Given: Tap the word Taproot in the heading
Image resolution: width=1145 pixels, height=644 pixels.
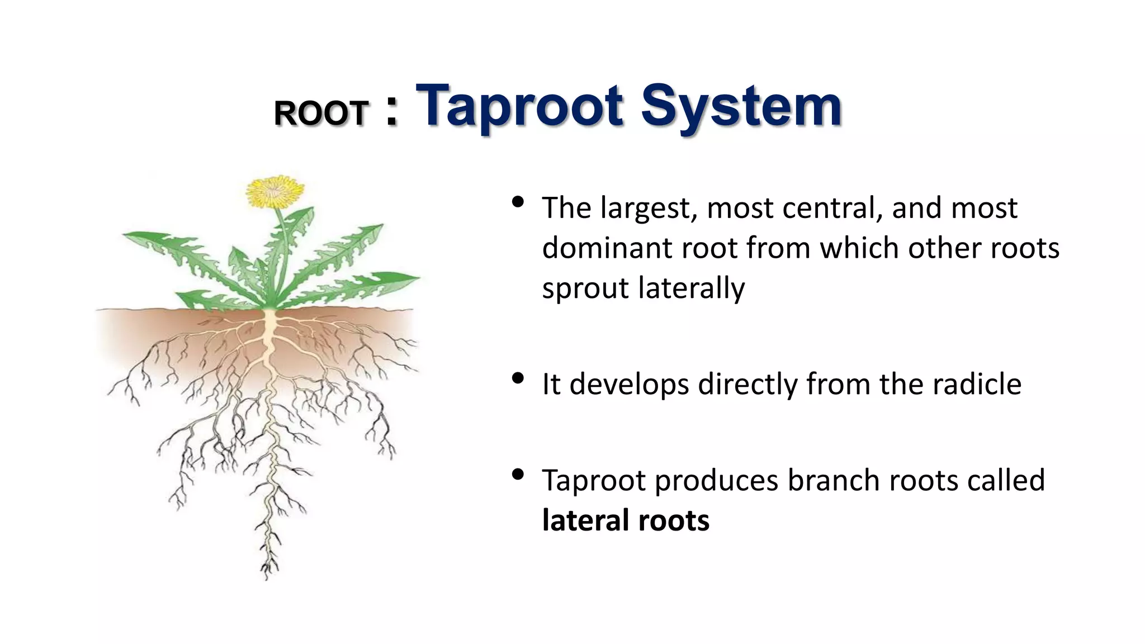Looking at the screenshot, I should coord(519,106).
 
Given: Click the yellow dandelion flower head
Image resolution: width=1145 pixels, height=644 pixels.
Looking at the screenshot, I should coord(275,192).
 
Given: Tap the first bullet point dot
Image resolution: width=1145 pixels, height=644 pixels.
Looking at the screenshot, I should coord(518,201).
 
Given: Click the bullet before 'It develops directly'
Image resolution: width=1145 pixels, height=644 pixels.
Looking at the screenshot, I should coord(518,378).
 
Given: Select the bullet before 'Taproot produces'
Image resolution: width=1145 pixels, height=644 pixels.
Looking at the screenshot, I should coord(518,475).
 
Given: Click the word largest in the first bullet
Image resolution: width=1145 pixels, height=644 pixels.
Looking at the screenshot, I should coord(649,208).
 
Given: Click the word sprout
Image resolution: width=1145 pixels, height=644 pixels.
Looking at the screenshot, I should coord(585,289).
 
